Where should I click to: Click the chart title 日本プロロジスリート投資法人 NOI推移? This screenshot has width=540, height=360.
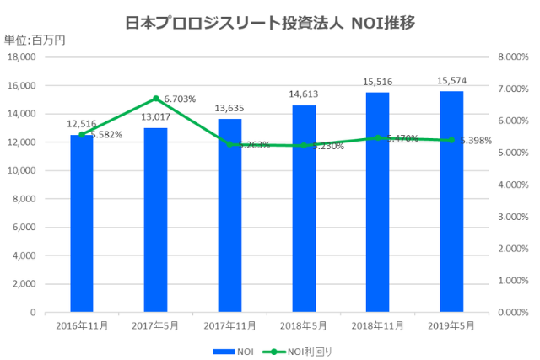270,21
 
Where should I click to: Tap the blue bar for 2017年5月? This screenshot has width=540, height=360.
156,219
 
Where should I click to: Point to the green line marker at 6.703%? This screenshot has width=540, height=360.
156,99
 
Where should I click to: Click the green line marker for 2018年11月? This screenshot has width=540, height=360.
377,138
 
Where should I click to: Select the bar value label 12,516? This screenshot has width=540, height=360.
82,124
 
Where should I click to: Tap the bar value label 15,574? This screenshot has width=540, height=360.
451,81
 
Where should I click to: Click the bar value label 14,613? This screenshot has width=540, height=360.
304,94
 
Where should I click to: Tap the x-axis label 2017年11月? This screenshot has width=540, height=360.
229,325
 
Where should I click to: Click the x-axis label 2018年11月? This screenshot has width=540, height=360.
377,325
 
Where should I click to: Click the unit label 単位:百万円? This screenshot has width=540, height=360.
34,40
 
